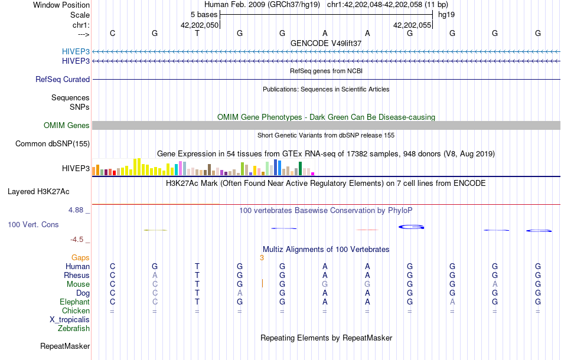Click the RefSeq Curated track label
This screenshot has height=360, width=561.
[63, 79]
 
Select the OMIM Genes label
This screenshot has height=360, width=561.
[67, 125]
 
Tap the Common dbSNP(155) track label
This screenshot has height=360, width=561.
[53, 143]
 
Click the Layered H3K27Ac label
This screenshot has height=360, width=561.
[38, 191]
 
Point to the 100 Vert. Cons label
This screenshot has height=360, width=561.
[33, 225]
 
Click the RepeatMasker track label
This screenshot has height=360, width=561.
[65, 346]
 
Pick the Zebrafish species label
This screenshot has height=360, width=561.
[73, 328]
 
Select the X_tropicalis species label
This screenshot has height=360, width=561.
[70, 319]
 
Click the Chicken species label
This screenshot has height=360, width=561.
[76, 310]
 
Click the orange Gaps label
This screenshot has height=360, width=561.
[80, 257]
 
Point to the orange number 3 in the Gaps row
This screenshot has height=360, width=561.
[262, 257]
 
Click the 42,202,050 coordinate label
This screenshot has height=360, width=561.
[200, 25]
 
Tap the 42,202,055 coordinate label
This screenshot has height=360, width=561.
[412, 25]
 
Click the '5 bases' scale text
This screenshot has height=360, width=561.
[204, 14]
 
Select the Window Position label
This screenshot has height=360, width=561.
[61, 5]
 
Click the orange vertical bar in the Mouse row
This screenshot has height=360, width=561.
[262, 284]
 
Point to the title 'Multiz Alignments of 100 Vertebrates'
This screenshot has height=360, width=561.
[326, 249]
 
